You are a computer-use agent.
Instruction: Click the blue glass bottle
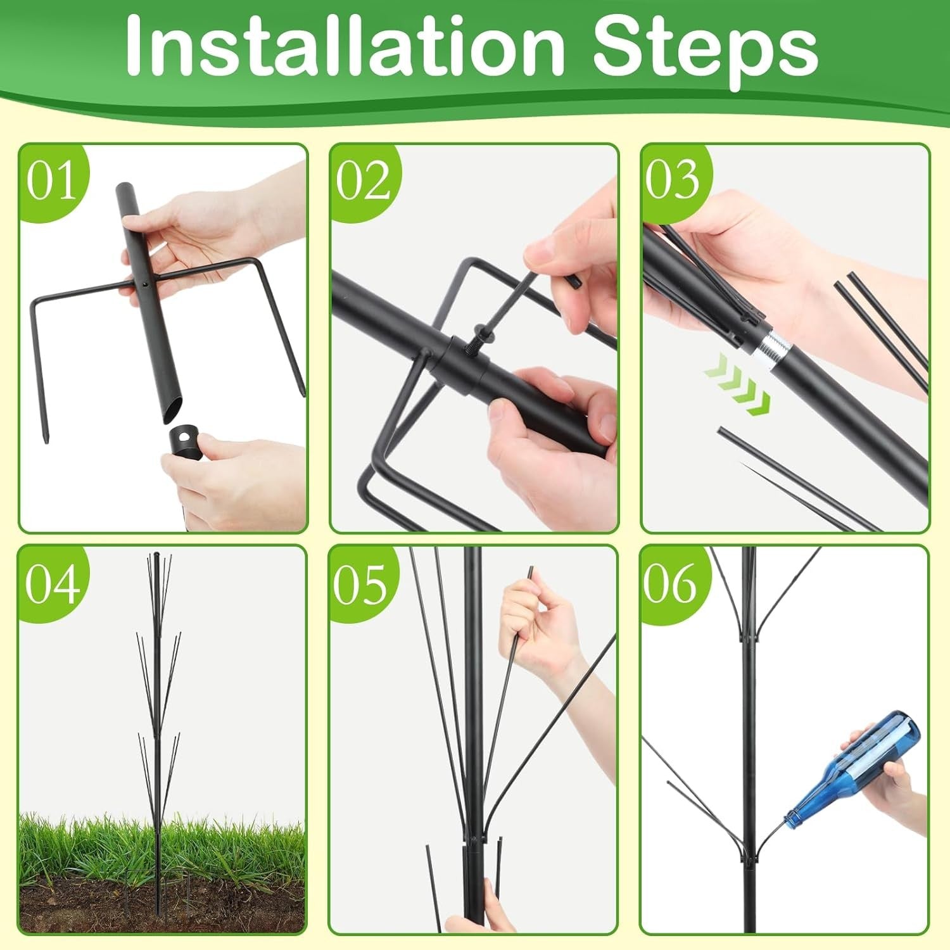point(852,768)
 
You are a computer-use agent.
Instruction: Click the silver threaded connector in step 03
point(771,346)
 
